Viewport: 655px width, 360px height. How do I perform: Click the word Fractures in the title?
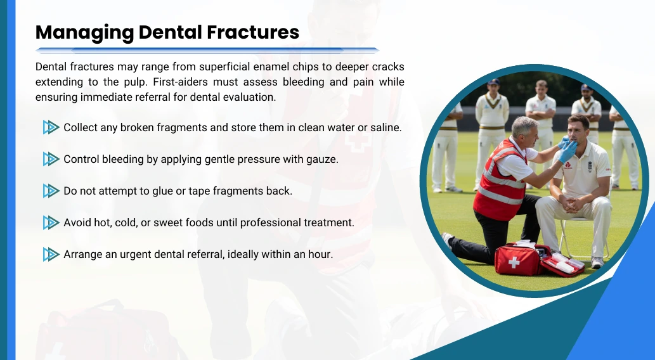pos(253,32)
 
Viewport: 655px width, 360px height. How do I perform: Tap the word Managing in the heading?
pos(84,33)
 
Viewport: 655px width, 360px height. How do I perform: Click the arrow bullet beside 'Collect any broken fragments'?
pos(51,127)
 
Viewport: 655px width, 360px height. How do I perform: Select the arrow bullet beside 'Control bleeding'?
pos(51,159)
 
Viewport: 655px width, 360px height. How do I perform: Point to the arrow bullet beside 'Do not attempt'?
pos(51,191)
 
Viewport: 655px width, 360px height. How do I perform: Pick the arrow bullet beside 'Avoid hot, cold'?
pos(51,222)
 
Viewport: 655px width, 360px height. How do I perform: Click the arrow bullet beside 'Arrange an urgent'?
pos(51,254)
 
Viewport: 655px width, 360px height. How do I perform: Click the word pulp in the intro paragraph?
pos(135,82)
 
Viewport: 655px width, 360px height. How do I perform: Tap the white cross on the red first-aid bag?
pos(514,262)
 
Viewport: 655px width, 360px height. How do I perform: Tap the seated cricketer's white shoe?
pos(597,262)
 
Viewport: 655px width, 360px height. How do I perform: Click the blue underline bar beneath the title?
pos(207,51)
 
